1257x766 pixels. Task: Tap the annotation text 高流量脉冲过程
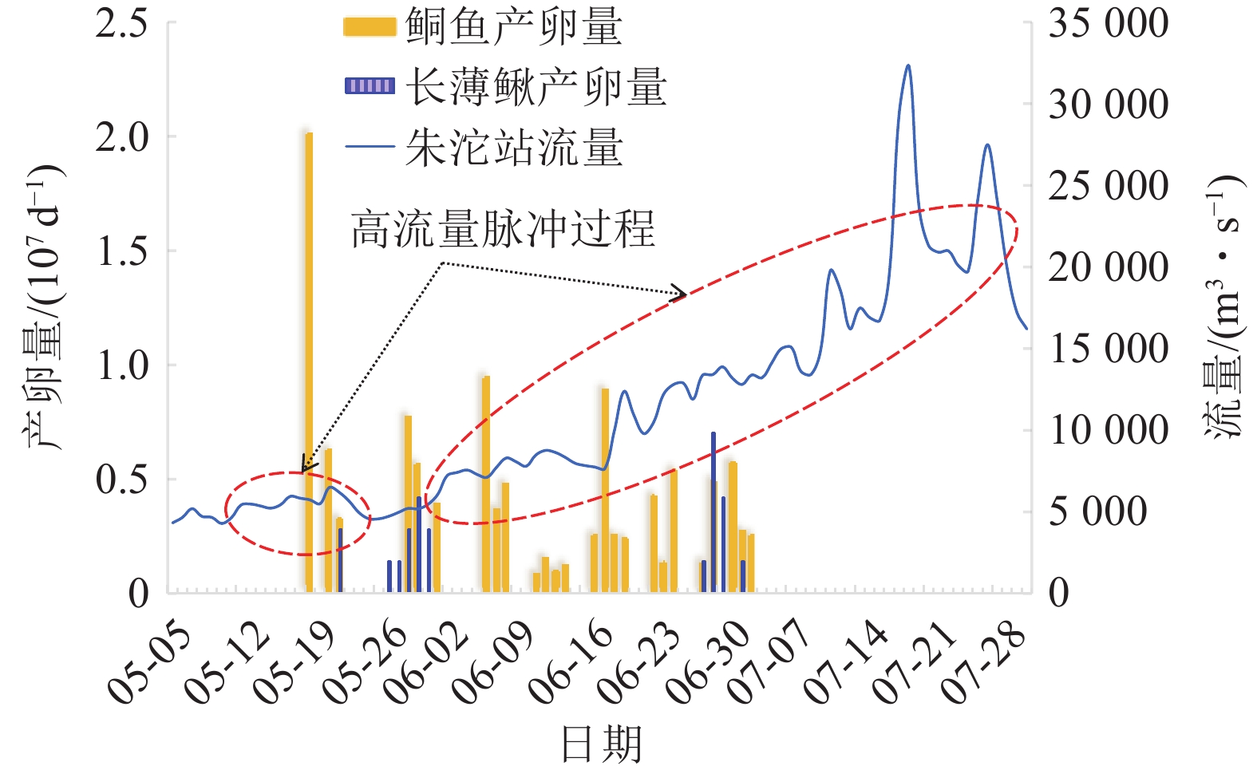pos(503,229)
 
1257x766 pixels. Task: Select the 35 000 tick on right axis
pos(1108,23)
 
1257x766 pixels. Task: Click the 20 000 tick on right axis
pos(1108,267)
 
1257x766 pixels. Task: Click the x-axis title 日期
pos(601,744)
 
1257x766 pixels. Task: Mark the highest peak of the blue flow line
pos(907,66)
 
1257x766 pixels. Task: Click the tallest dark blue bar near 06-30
pos(713,511)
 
